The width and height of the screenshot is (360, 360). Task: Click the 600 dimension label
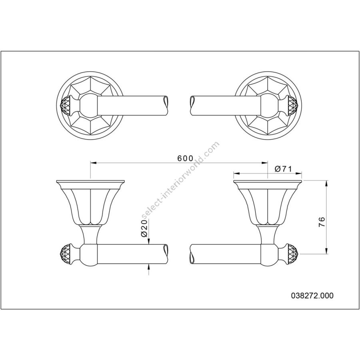pyautogui.click(x=185, y=158)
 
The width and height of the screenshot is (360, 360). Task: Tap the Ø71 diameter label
pyautogui.click(x=283, y=169)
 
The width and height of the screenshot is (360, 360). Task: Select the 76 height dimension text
pyautogui.click(x=322, y=222)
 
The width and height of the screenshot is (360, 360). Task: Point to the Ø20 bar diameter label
pyautogui.click(x=144, y=228)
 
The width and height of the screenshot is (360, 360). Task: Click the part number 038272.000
pyautogui.click(x=312, y=296)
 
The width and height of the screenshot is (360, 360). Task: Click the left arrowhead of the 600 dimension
pyautogui.click(x=92, y=163)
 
